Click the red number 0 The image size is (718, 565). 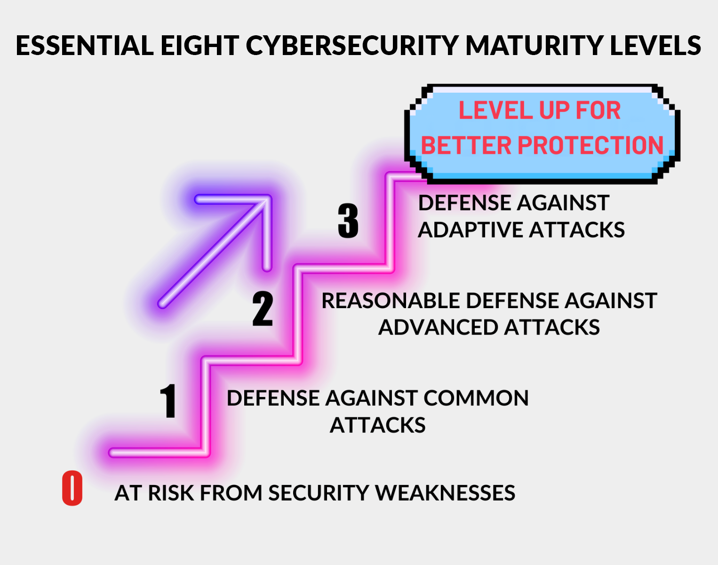pos(72,488)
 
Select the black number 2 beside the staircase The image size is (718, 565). pos(263,308)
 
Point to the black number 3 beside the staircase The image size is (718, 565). pos(348,221)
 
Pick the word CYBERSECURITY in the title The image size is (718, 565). pos(352,45)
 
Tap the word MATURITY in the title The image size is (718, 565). pos(534,45)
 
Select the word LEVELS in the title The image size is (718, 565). pos(655,45)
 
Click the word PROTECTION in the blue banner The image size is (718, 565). pos(590,145)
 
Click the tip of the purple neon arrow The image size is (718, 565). pos(270,197)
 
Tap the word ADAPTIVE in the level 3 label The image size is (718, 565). pos(470,230)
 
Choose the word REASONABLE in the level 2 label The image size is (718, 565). pos(391,301)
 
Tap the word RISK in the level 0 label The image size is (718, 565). pos(171,493)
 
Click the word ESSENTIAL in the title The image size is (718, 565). pos(85,45)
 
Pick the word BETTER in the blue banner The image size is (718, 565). pos(466,145)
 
